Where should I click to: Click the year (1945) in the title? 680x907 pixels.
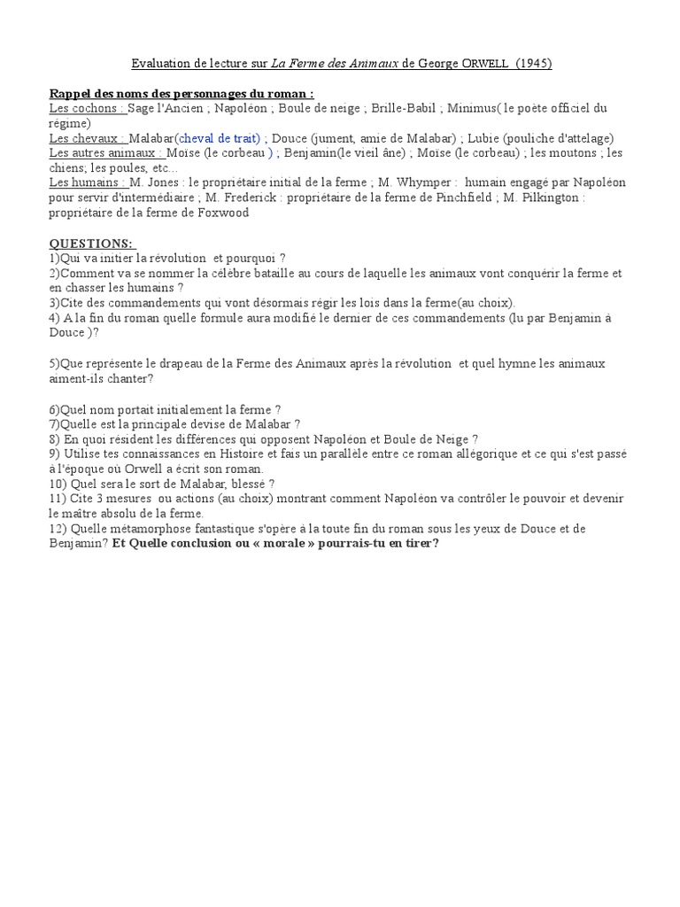(537, 64)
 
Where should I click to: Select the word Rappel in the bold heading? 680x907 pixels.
(73, 94)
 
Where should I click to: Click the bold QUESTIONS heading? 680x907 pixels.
(91, 242)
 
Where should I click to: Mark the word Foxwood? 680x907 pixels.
(220, 213)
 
